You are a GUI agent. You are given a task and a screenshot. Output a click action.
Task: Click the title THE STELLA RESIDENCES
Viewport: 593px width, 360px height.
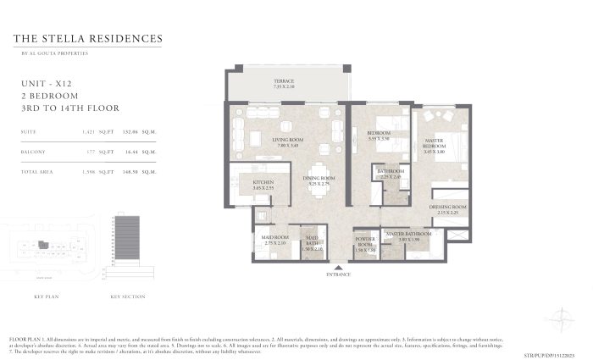pyautogui.click(x=89, y=39)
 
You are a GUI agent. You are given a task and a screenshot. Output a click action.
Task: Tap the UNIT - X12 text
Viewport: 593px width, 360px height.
pyautogui.click(x=44, y=84)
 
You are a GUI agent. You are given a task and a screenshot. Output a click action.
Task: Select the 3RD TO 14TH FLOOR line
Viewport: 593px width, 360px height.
pyautogui.click(x=69, y=108)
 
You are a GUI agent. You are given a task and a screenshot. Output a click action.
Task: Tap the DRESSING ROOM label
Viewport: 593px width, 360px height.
pyautogui.click(x=448, y=208)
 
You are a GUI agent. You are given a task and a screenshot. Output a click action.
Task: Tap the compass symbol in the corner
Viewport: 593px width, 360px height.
pyautogui.click(x=562, y=318)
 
